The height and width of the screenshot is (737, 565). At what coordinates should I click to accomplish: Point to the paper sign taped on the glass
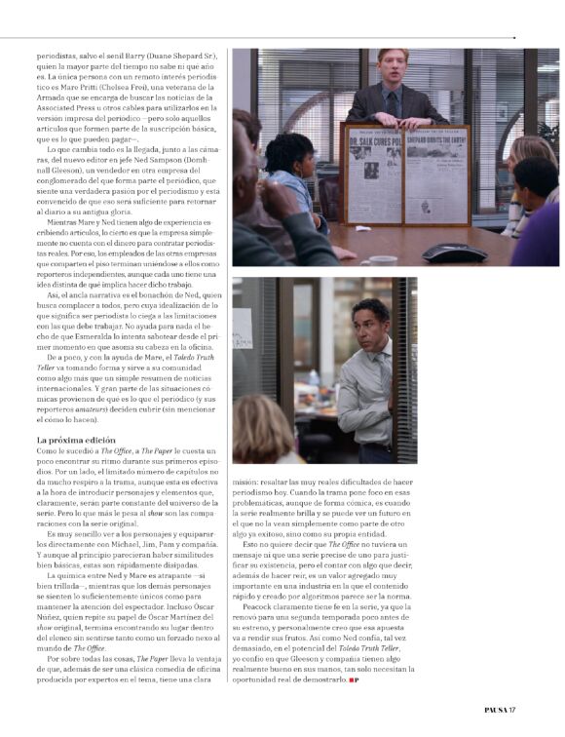pyautogui.click(x=244, y=328)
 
